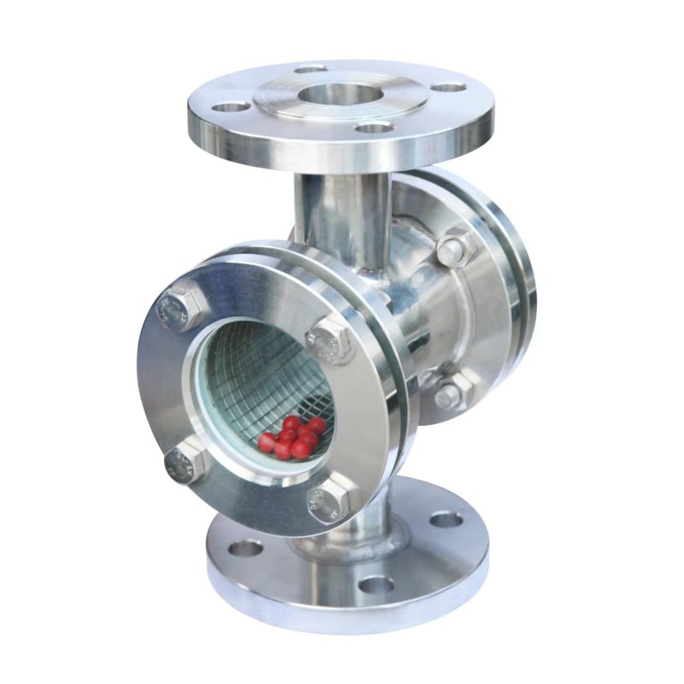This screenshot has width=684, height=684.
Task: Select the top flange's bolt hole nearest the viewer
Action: [x=373, y=128]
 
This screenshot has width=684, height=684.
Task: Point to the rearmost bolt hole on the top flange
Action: [x=310, y=68]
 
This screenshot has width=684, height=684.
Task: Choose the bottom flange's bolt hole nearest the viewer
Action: [x=375, y=585]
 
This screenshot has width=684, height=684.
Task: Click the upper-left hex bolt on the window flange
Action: [x=180, y=307]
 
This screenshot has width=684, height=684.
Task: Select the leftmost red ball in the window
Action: [x=268, y=443]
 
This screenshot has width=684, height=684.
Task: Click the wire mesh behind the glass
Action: [x=256, y=380]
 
